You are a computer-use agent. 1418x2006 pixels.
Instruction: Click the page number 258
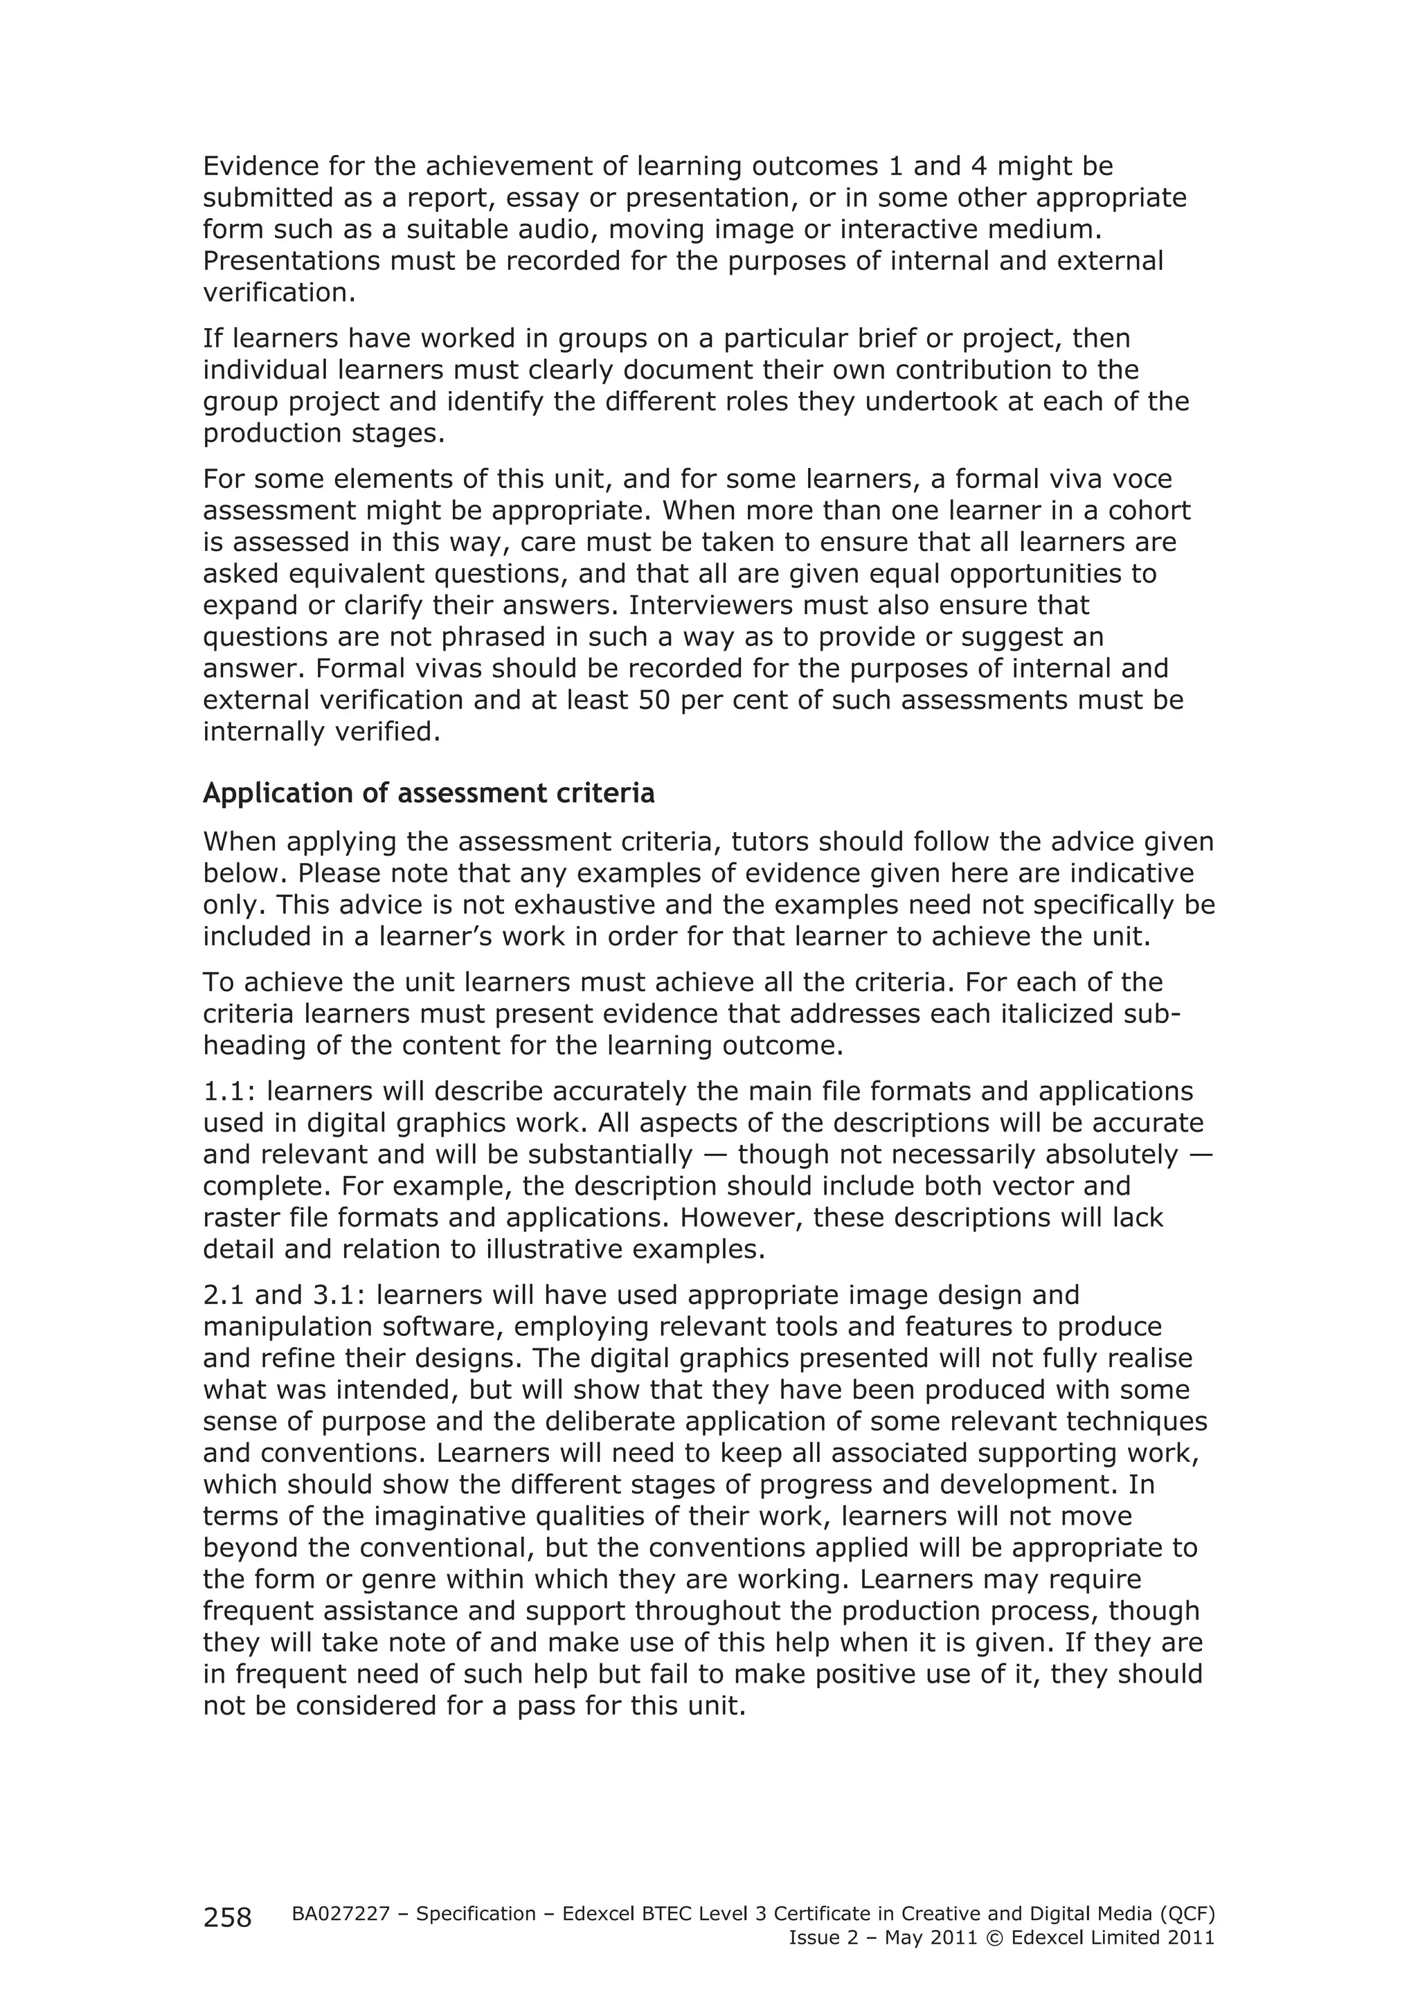click(x=227, y=1917)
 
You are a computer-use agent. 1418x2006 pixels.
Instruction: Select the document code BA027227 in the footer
click(x=340, y=1913)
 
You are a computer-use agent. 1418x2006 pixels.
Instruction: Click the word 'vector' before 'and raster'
click(x=1016, y=1186)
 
